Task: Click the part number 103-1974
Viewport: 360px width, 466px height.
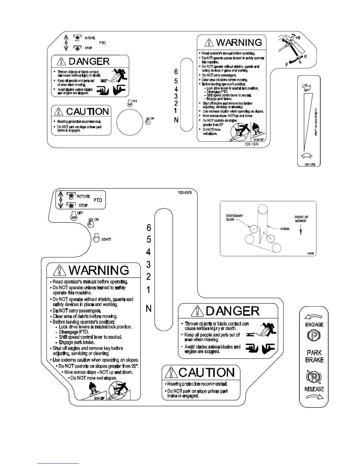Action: pos(251,144)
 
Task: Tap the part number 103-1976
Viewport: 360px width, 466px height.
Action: pos(185,192)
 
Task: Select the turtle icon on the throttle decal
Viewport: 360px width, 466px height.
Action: pos(307,156)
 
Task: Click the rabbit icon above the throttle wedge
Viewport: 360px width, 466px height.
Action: pos(307,87)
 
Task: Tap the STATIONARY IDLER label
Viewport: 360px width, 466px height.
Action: pos(234,218)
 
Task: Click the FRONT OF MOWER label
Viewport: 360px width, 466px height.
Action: pos(301,219)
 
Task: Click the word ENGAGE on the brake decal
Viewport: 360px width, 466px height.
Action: pos(314,324)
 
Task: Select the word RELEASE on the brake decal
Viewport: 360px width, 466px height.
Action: pos(314,389)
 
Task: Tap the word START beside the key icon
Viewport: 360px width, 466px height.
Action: pos(106,239)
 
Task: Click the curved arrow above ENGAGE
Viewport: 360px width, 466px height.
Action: pos(314,317)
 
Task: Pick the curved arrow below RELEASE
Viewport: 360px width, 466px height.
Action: pos(314,397)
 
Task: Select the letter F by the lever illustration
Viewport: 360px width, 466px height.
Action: pos(286,65)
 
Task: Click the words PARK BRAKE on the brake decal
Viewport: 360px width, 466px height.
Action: pos(314,356)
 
